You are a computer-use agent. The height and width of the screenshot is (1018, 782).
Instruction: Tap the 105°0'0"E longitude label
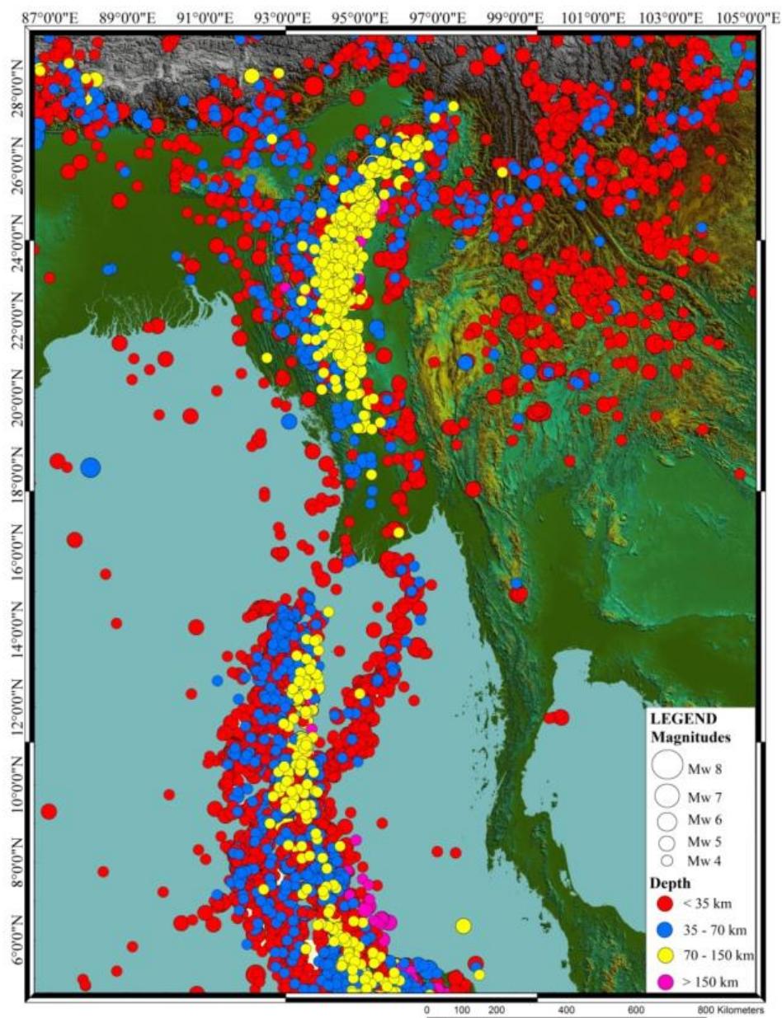tap(753, 16)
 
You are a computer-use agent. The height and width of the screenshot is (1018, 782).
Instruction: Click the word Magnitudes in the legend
tap(688, 735)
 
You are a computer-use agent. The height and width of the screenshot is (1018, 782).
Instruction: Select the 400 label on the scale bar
tap(567, 1009)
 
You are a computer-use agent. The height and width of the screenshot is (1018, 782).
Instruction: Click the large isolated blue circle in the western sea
tap(90, 467)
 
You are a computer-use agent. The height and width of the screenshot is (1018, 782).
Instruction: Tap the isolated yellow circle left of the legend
tap(463, 926)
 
